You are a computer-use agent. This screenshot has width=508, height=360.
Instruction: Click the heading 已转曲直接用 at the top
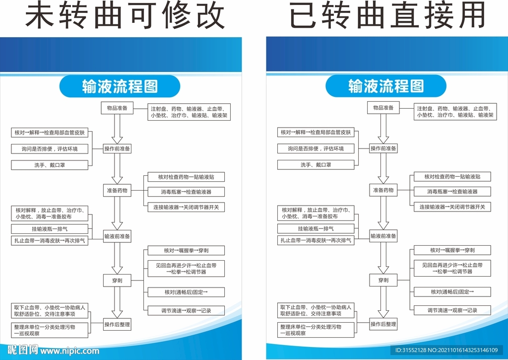[x=387, y=17]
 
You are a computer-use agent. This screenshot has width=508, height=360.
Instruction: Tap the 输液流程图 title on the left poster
[x=120, y=86]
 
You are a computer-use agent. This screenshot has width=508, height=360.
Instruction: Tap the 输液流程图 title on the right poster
[x=386, y=86]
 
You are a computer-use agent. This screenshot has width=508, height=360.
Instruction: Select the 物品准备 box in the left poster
[x=117, y=108]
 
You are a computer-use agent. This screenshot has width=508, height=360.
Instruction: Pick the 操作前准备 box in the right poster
[x=383, y=148]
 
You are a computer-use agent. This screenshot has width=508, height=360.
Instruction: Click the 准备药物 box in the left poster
[x=117, y=190]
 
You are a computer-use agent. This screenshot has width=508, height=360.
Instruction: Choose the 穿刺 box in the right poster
[x=383, y=281]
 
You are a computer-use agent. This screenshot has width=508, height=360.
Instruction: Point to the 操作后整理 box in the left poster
[x=117, y=325]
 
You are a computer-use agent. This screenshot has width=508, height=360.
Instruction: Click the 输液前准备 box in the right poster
[x=383, y=237]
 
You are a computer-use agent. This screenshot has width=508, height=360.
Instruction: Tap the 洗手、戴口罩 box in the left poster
[x=50, y=165]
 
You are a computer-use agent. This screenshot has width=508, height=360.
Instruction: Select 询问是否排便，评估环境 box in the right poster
[x=316, y=148]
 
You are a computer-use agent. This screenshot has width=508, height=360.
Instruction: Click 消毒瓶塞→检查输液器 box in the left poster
[x=186, y=192]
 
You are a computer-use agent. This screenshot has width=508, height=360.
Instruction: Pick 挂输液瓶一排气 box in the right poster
[x=316, y=229]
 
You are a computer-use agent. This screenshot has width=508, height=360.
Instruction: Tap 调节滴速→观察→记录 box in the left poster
[x=186, y=311]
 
